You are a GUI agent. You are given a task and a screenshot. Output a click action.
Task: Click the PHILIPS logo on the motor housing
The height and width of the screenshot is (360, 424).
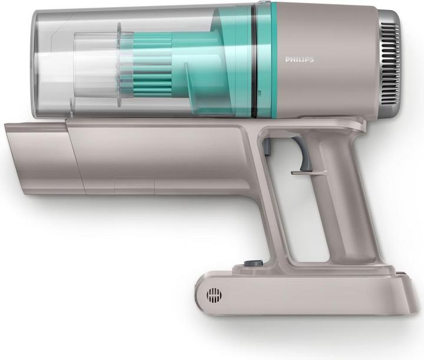(299, 59)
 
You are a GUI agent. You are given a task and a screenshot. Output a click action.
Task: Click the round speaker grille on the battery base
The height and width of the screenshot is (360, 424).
(214, 295)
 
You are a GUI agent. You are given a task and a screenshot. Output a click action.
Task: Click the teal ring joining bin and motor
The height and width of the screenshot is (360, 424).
(265, 59)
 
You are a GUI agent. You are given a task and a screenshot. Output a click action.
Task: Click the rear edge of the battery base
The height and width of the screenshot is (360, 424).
(412, 294)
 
